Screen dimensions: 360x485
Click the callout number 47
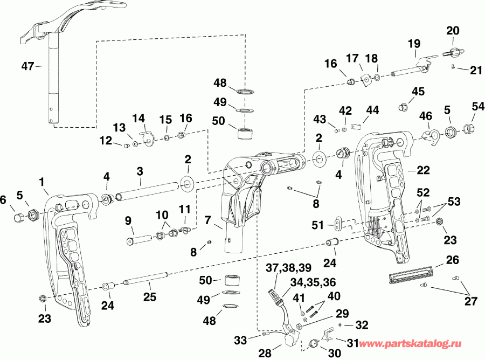pyautogui.click(x=27, y=66)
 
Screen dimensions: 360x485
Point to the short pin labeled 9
pyautogui.click(x=137, y=238)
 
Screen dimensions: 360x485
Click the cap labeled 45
pyautogui.click(x=401, y=107)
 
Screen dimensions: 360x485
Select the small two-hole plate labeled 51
pyautogui.click(x=338, y=223)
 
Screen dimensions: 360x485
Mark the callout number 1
pyautogui.click(x=42, y=183)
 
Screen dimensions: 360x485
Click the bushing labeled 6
pyautogui.click(x=19, y=217)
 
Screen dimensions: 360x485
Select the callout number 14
pyautogui.click(x=138, y=117)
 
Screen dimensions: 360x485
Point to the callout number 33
pyautogui.click(x=240, y=340)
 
